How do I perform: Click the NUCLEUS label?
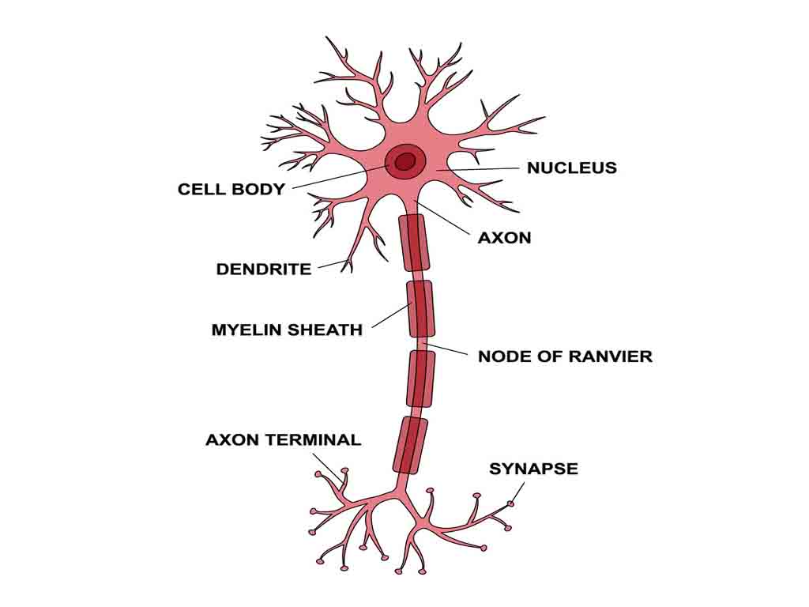point(571,168)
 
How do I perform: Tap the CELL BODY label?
point(231,190)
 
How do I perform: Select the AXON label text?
point(504,237)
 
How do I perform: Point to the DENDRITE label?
point(264,270)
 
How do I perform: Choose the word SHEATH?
point(324,330)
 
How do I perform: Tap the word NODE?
point(502,356)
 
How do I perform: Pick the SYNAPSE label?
point(533,469)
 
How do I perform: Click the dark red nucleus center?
point(405,162)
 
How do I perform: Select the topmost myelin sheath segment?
point(414,242)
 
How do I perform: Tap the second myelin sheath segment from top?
point(421,307)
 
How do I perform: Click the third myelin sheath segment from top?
point(421,378)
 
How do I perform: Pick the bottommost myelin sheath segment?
point(410,445)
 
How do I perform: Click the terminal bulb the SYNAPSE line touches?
point(511,503)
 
